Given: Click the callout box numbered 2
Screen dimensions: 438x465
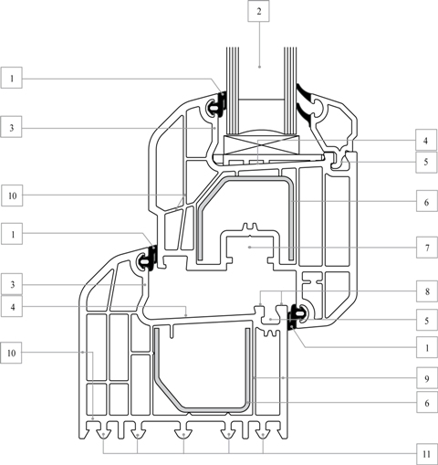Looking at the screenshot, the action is pyautogui.click(x=258, y=11).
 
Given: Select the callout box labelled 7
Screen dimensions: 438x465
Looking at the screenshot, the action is pyautogui.click(x=427, y=248).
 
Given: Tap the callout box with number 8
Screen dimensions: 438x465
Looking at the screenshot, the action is pyautogui.click(x=427, y=291).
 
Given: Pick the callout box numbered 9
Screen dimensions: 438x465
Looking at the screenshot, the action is pyautogui.click(x=427, y=378).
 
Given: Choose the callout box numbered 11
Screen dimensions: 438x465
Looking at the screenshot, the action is pyautogui.click(x=427, y=454).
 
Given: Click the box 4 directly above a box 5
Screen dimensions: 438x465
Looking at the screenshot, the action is pyautogui.click(x=426, y=140).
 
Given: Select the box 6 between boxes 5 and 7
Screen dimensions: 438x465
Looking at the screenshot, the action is pyautogui.click(x=427, y=201).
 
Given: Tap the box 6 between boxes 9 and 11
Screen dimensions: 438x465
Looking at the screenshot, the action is pyautogui.click(x=427, y=402).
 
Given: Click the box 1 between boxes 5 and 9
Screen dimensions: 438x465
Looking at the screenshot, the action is pyautogui.click(x=427, y=347).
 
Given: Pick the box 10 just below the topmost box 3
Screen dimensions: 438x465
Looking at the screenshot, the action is pyautogui.click(x=12, y=196).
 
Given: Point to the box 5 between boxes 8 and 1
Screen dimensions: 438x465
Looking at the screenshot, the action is pyautogui.click(x=427, y=320).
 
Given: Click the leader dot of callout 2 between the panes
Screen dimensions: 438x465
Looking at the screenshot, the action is pyautogui.click(x=259, y=67).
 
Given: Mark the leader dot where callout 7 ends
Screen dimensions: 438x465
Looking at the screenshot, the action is pyautogui.click(x=249, y=248).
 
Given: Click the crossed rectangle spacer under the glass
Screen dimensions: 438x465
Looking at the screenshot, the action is pyautogui.click(x=262, y=144).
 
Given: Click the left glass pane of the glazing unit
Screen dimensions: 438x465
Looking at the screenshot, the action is pyautogui.click(x=233, y=90).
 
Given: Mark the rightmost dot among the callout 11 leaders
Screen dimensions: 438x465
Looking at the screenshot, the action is pyautogui.click(x=263, y=434).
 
